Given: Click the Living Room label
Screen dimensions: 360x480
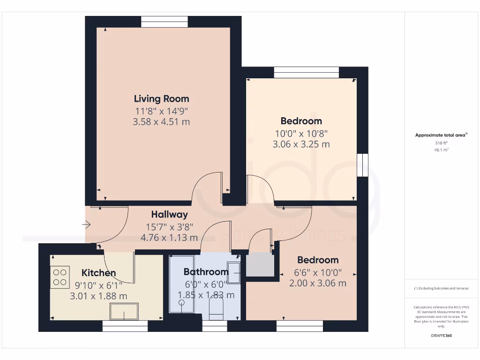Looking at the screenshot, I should click(x=161, y=99).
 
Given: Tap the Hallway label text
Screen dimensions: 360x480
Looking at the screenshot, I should click(x=169, y=215).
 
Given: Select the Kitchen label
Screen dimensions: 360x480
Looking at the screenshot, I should click(x=98, y=273).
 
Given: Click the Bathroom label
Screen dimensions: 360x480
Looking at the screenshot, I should click(x=205, y=272).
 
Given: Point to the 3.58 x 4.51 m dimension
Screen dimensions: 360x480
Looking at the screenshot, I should click(x=161, y=122).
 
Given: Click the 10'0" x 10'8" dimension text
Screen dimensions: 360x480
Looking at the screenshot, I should click(x=301, y=133).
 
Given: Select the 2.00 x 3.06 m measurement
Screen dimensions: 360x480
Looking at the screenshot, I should click(x=317, y=283).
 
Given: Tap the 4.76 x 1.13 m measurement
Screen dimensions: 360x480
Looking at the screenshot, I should click(x=169, y=237).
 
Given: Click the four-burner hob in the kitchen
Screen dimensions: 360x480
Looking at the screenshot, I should click(x=60, y=277).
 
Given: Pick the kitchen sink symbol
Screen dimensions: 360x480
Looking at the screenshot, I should click(x=124, y=311).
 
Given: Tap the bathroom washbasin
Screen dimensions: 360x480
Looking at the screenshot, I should click(x=234, y=270).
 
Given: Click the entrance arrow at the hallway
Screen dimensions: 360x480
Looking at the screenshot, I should click(x=86, y=225).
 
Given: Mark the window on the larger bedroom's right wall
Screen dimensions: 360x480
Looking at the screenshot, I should click(x=362, y=165).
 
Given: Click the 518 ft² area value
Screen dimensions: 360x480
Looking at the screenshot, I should click(x=441, y=143).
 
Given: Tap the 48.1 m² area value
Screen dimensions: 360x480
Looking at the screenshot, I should click(x=441, y=150).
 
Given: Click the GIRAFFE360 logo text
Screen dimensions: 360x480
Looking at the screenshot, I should click(x=441, y=336).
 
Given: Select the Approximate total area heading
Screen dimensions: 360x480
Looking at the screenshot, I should click(x=441, y=135).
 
